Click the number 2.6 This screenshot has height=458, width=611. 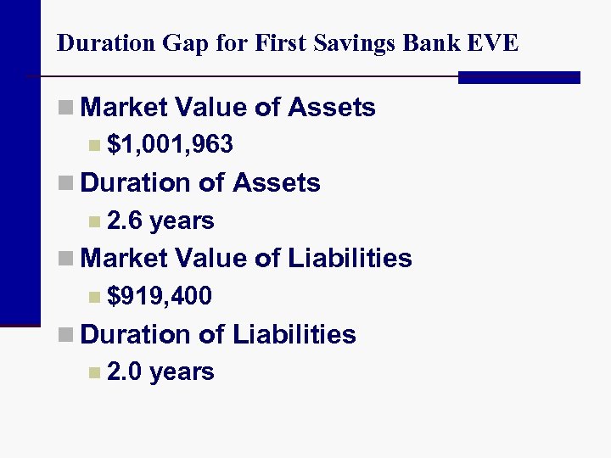[125, 221]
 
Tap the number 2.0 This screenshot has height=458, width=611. [125, 371]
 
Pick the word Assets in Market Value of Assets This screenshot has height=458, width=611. [332, 108]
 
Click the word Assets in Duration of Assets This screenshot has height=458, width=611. [277, 182]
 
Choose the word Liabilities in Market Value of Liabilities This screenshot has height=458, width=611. [350, 258]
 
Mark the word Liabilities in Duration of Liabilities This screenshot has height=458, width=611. [294, 333]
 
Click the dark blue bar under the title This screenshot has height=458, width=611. [519, 77]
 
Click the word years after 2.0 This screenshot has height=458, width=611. [182, 371]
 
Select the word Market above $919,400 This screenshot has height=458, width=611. [124, 258]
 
